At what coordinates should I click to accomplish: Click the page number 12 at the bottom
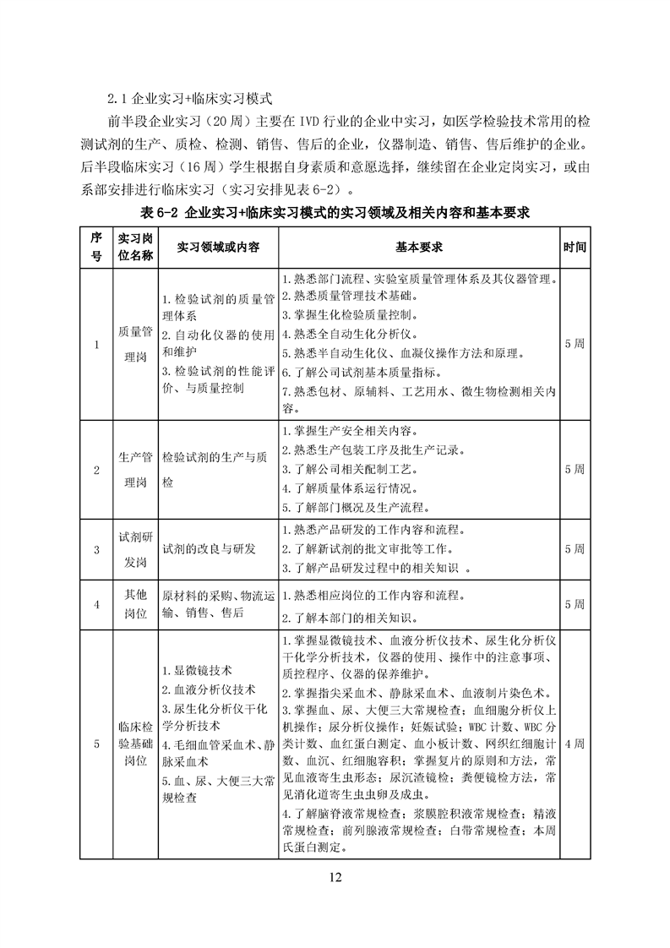tap(335, 877)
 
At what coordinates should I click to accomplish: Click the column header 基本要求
tap(419, 247)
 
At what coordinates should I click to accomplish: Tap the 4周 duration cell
tap(575, 744)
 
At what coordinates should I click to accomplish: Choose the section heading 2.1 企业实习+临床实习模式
tap(177, 97)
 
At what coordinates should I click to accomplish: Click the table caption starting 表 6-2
tap(335, 212)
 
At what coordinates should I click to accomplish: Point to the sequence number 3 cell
tap(96, 549)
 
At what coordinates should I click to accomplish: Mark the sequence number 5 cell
tap(96, 744)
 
